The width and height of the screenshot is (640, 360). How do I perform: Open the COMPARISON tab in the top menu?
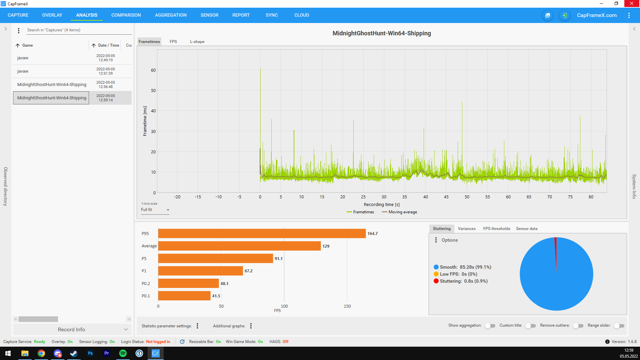[x=126, y=15]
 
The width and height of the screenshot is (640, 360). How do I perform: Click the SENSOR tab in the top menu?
[x=209, y=15]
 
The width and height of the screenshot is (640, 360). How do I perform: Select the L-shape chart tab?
[x=197, y=42]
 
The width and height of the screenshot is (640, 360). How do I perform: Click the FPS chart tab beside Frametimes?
[x=173, y=42]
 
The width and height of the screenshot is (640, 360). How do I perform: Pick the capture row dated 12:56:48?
[x=72, y=85]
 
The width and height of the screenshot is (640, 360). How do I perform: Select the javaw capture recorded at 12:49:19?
[x=72, y=58]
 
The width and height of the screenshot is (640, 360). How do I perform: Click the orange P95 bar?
[x=262, y=233]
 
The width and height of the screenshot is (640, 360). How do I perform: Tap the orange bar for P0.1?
[x=184, y=296]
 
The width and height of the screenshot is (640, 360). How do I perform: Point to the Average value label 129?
[x=326, y=246]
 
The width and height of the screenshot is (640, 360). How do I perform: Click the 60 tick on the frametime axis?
[x=153, y=70]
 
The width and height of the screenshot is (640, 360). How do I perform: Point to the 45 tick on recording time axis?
[x=446, y=197]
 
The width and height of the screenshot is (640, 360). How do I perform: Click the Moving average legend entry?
[x=399, y=212]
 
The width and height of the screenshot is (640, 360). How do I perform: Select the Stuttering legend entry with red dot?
[x=461, y=281]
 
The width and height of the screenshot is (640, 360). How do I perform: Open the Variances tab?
[x=467, y=229]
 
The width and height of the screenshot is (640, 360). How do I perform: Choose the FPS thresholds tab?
[x=497, y=229]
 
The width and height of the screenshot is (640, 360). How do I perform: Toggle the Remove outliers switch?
[x=578, y=326]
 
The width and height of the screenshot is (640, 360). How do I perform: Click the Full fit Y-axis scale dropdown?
[x=155, y=210]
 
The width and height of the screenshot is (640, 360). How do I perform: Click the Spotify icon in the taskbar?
[x=123, y=353]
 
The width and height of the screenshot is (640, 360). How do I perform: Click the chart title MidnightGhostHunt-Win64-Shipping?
[x=382, y=33]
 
